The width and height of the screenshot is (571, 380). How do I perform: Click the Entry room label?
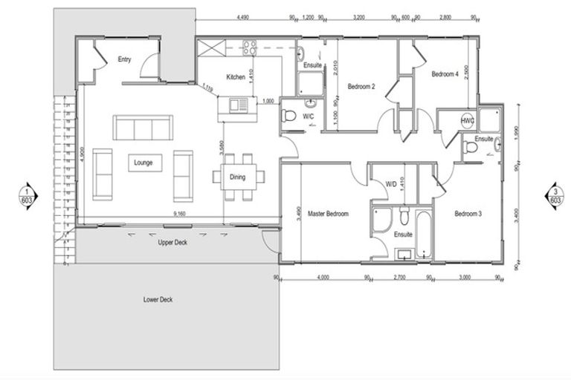coord(124,60)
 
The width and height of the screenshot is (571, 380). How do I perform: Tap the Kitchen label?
coord(236,77)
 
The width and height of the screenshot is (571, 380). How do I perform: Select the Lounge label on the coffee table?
coord(143,163)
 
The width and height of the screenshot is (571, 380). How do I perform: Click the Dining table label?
coord(237,177)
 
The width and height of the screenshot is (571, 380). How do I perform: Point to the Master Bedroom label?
coord(329,214)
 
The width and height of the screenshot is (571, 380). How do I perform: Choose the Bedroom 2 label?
coord(361,87)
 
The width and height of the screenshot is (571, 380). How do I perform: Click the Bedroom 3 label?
coord(468,214)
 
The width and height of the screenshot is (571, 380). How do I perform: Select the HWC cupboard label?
coord(468,121)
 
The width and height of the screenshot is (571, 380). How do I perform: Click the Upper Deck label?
coord(171,243)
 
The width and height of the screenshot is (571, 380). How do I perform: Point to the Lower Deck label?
coord(158,300)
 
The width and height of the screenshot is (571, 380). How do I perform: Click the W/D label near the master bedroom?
coord(390,185)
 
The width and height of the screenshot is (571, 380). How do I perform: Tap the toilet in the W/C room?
coord(290,116)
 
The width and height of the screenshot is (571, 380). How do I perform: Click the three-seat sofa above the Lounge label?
coord(143,126)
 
